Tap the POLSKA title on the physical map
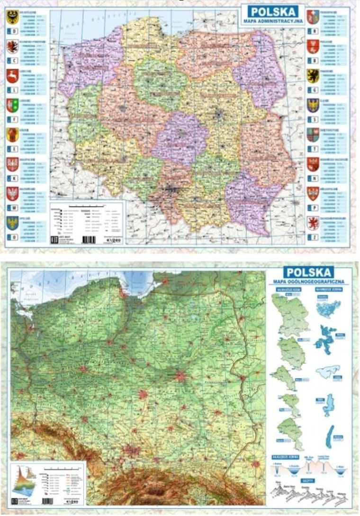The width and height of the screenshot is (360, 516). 308,272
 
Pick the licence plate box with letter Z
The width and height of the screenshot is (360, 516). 312,237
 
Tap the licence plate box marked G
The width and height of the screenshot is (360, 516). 312,91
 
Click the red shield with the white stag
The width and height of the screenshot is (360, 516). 12,76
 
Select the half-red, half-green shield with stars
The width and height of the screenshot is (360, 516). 12,105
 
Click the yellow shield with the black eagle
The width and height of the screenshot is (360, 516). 12,17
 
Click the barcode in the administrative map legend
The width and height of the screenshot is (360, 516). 88,240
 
